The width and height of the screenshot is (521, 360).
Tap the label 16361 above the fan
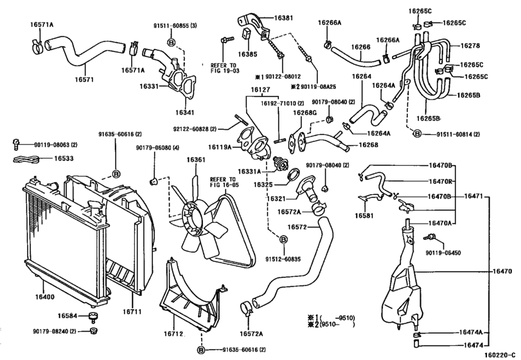pos(197,160)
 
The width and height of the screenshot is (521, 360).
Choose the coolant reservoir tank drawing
pos(401,283)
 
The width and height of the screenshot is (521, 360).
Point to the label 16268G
pos(305,113)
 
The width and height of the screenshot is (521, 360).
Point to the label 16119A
pos(220,147)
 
